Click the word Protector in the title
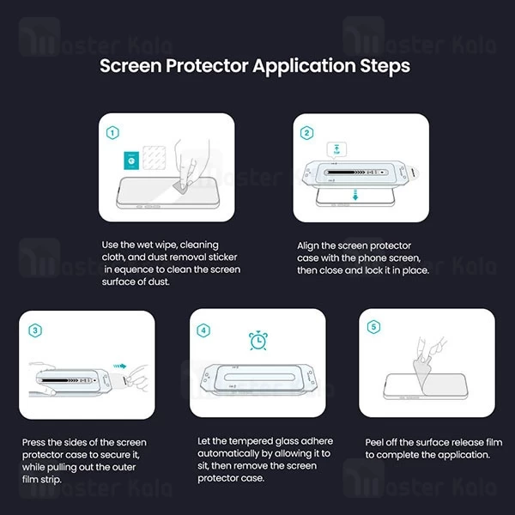207,66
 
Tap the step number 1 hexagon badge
112,133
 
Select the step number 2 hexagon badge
306,133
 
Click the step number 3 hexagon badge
35,330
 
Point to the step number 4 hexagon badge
203,330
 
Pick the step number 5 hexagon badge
373,327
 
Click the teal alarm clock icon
258,340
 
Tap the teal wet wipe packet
131,161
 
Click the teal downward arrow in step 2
355,195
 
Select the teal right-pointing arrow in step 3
120,367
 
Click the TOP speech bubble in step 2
336,150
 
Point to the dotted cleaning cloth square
154,158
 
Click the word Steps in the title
385,66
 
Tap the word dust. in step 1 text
159,282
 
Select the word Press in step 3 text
33,442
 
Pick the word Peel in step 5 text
374,442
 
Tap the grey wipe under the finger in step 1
182,187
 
